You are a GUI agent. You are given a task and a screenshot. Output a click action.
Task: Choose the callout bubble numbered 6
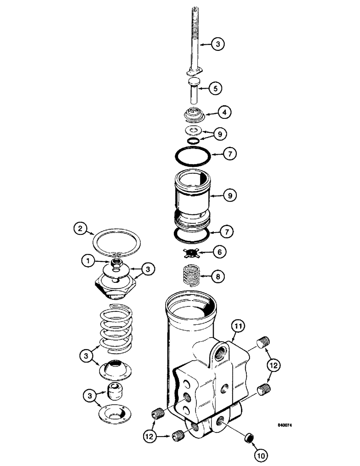[x=219, y=251]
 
